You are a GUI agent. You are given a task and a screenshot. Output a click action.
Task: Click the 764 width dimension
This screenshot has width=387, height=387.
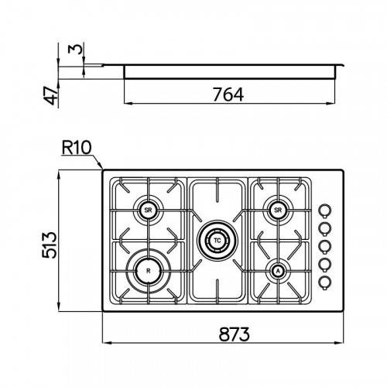click(x=228, y=94)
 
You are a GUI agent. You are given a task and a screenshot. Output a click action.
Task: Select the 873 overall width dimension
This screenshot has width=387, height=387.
click(x=235, y=334)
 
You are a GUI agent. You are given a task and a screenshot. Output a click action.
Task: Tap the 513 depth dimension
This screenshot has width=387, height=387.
click(x=49, y=245)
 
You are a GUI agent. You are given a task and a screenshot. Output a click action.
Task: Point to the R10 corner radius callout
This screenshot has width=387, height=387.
click(x=77, y=148)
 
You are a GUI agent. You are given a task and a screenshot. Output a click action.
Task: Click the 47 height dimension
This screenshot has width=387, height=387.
click(x=50, y=96)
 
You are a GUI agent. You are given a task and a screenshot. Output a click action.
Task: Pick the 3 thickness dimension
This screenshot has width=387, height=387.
click(x=75, y=49)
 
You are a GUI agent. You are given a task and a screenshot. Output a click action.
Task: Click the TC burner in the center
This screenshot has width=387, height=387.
click(x=217, y=241)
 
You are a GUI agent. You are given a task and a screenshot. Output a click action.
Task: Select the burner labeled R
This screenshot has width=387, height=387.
click(x=149, y=271)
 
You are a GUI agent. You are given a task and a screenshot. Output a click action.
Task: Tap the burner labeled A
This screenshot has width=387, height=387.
click(x=278, y=271)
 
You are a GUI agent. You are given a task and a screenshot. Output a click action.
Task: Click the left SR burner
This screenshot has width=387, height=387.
click(x=149, y=211)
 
